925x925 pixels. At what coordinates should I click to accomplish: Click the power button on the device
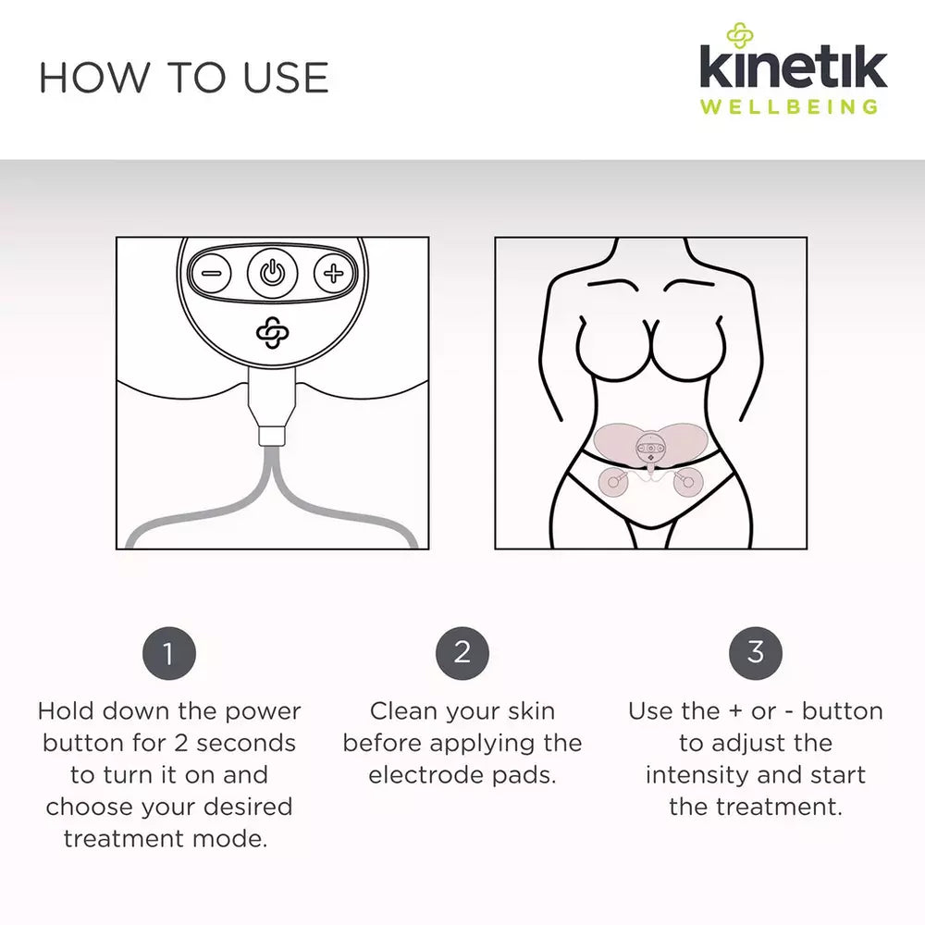click(271, 273)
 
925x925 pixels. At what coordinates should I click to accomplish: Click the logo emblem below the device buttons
click(271, 334)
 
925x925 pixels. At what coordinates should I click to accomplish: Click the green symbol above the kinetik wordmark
click(740, 36)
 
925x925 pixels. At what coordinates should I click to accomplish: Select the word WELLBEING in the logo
click(789, 105)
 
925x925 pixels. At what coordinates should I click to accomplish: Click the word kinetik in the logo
click(793, 69)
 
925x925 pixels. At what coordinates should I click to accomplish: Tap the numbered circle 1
click(168, 653)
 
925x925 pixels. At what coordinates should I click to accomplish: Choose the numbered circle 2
click(462, 653)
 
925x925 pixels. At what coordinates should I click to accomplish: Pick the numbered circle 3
click(756, 653)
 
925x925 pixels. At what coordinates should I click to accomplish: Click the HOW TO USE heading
click(183, 78)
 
